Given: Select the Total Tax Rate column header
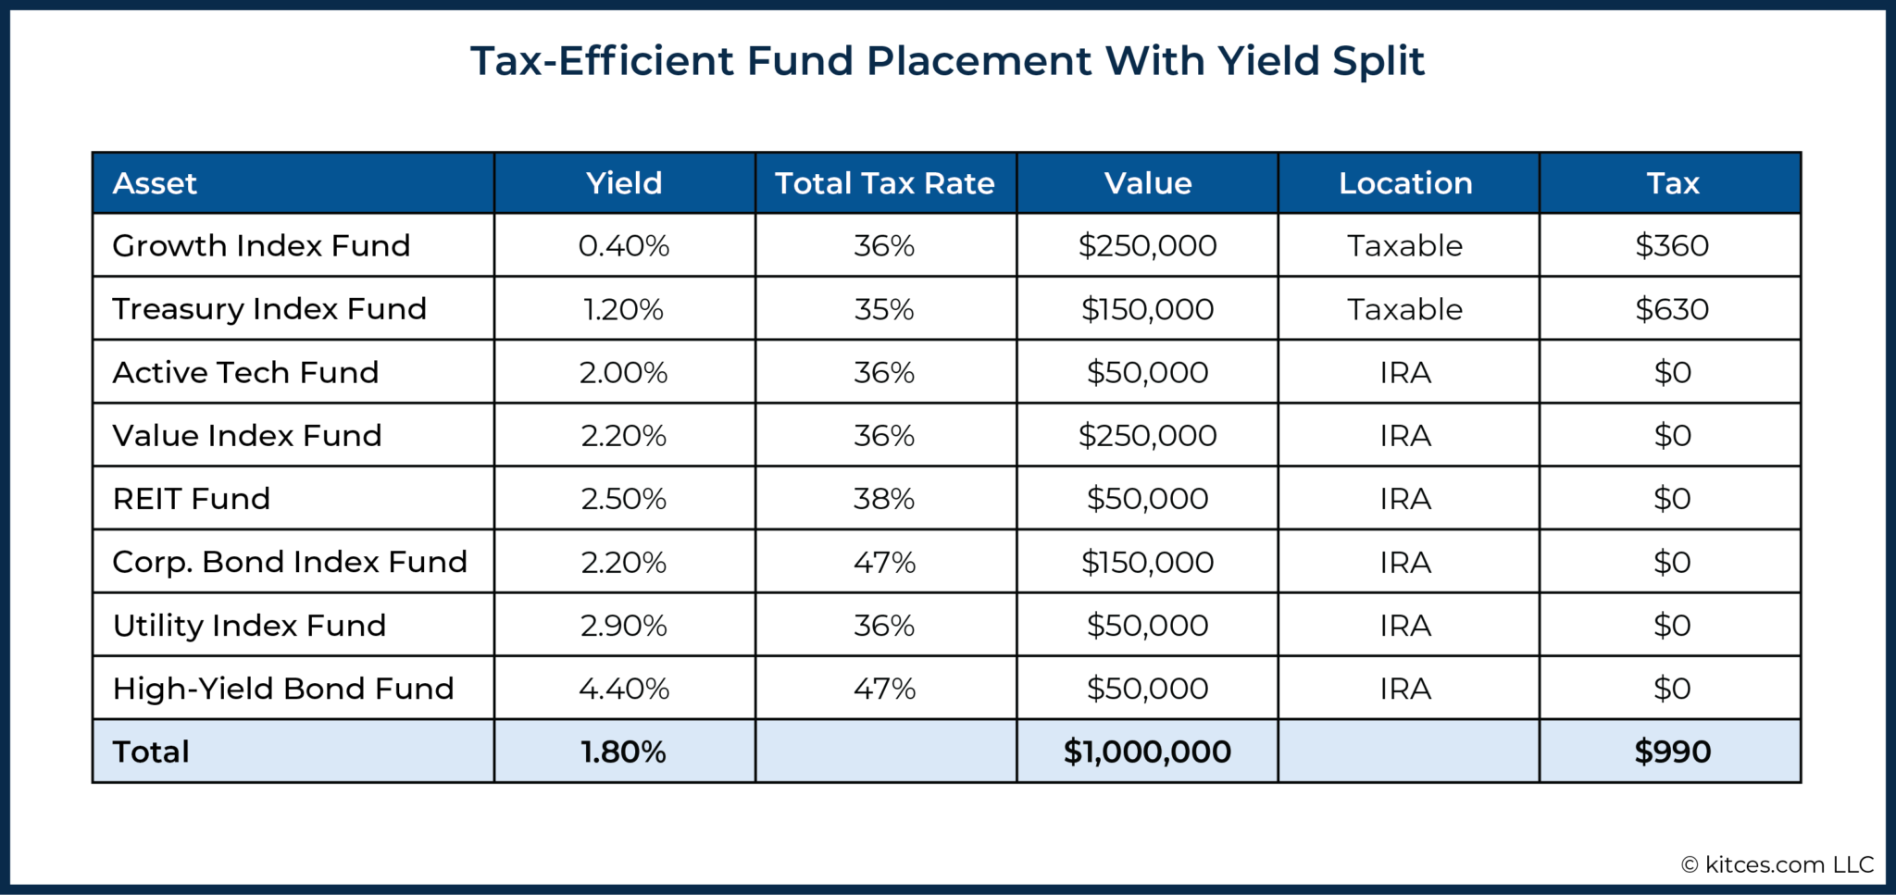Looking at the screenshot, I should click(885, 183).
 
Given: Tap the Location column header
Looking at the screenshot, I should click(1405, 183).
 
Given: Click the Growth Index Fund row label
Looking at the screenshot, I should click(261, 245).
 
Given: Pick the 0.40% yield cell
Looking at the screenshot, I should click(624, 245).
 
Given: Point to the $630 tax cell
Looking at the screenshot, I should click(1672, 309).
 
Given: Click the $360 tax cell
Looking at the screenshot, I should click(1672, 245).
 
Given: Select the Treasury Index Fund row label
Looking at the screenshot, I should click(269, 309).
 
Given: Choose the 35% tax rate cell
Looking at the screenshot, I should click(884, 309).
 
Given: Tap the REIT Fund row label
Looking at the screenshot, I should click(192, 499).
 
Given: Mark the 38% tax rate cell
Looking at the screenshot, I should click(884, 499).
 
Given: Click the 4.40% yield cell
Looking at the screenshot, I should click(624, 689).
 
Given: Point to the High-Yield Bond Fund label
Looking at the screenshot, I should click(283, 689).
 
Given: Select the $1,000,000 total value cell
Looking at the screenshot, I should click(1147, 752).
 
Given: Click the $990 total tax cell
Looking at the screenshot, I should click(1672, 752).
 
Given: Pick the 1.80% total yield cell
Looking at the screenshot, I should click(624, 752).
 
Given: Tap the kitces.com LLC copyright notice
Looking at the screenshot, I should click(1777, 864).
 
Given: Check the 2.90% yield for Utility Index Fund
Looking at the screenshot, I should click(624, 626).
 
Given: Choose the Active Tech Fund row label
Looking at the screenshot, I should click(245, 372).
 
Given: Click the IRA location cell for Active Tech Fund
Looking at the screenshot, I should click(1405, 372).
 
